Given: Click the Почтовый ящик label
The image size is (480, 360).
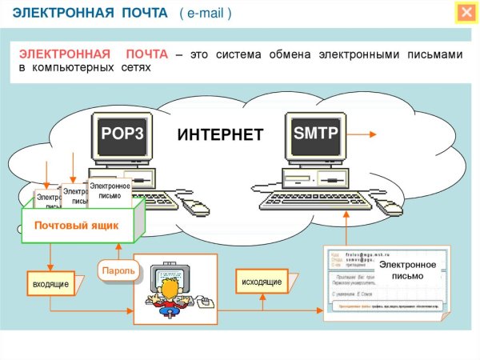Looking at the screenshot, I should click(76, 226).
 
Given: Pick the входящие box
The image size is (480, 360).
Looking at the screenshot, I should click(50, 284).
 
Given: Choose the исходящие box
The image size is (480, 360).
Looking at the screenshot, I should click(261, 282).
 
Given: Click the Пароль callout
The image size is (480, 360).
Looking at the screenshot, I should click(117, 271).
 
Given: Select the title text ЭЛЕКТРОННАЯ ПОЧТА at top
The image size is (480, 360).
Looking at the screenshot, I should click(88, 13).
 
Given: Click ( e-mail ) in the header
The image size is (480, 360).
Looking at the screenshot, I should click(206, 13).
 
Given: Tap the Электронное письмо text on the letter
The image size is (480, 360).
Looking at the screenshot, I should click(407, 270).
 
